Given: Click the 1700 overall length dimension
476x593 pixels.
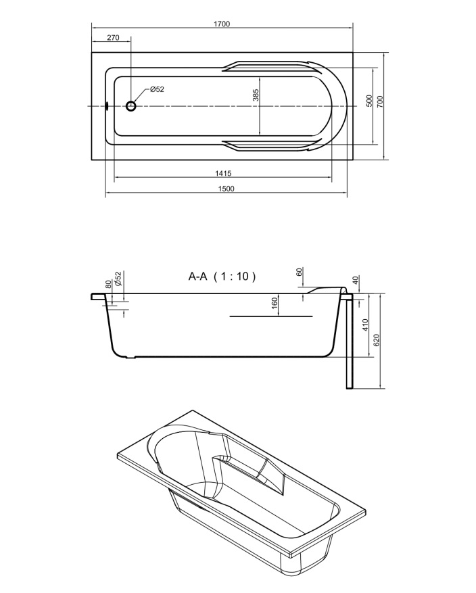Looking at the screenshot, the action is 222,24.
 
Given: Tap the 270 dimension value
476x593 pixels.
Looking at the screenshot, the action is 113,37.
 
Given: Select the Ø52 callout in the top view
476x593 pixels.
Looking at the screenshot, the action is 157,89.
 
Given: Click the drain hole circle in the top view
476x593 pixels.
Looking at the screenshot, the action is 130,106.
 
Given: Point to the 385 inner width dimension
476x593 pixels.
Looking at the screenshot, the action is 256,95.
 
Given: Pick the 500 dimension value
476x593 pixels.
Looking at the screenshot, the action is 369,101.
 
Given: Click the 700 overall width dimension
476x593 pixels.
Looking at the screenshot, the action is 380,101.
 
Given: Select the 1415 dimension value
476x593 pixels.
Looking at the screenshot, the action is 223,174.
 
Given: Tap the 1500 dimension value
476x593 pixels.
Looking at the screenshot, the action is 226,189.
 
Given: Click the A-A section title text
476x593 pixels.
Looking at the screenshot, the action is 197,277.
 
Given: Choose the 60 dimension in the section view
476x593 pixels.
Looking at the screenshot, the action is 300,272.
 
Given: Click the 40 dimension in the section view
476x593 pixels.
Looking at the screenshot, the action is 355,280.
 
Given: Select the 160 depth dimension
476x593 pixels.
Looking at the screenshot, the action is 275,302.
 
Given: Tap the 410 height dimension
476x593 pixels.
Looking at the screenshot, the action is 365,325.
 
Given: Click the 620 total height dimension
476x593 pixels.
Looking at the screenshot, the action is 376,340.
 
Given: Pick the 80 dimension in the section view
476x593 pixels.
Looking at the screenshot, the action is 108,285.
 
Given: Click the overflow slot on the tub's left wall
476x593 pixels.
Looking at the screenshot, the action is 108,106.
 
